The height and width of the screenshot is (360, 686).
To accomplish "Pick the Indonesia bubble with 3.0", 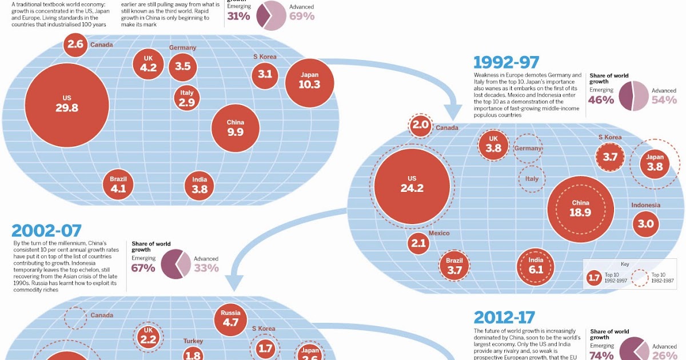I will tap(645, 224).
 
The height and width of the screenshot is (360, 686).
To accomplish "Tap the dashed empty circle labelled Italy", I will tap(532, 179).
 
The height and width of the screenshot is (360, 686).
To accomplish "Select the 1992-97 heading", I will tap(506, 62).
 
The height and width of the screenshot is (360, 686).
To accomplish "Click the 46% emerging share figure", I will tap(601, 100).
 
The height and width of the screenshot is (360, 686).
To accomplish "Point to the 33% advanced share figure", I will tap(206, 267).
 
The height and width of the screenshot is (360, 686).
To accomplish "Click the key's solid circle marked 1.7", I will tap(595, 278).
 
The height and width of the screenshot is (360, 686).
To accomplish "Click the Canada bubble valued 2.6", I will tap(75, 45).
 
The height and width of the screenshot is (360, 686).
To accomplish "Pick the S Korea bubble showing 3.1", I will tap(265, 74).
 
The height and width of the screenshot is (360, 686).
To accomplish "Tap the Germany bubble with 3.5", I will tap(182, 66).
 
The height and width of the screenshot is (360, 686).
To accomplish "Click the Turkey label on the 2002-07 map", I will tap(193, 341).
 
